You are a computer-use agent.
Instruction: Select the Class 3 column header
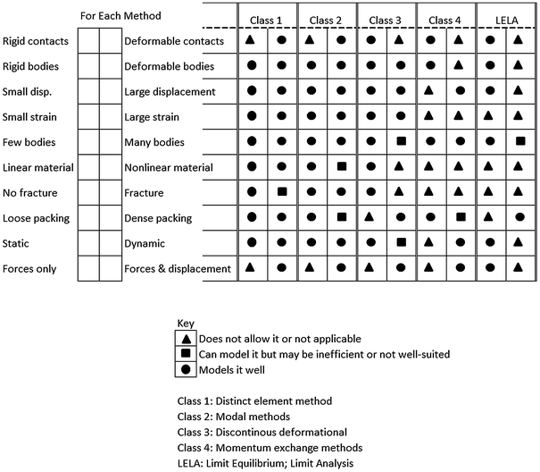(x=386, y=20)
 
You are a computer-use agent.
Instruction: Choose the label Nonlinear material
(x=169, y=167)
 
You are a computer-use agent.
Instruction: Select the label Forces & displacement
(x=178, y=268)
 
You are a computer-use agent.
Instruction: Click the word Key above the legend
(x=186, y=324)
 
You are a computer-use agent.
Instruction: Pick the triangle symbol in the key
(x=186, y=339)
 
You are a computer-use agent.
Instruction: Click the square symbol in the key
(x=186, y=354)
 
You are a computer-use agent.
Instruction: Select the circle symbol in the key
(x=186, y=369)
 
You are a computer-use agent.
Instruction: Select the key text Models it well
(x=234, y=369)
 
